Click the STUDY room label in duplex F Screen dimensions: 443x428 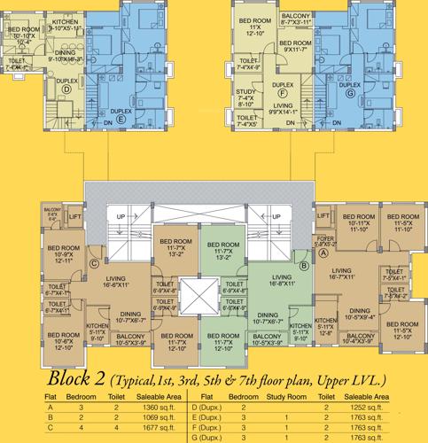245,94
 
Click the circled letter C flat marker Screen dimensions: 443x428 93,262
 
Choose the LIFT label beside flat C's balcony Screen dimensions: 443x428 74,215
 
